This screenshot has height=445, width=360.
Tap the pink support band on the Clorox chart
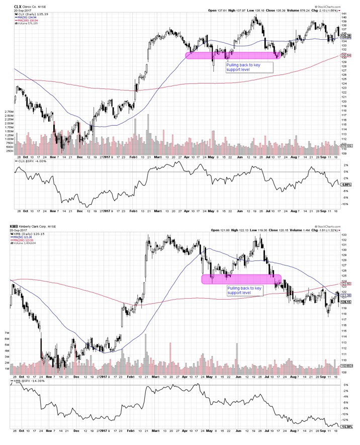231,55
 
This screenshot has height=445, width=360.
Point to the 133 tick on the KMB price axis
343,235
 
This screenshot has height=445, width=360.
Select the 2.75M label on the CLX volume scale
8,111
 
